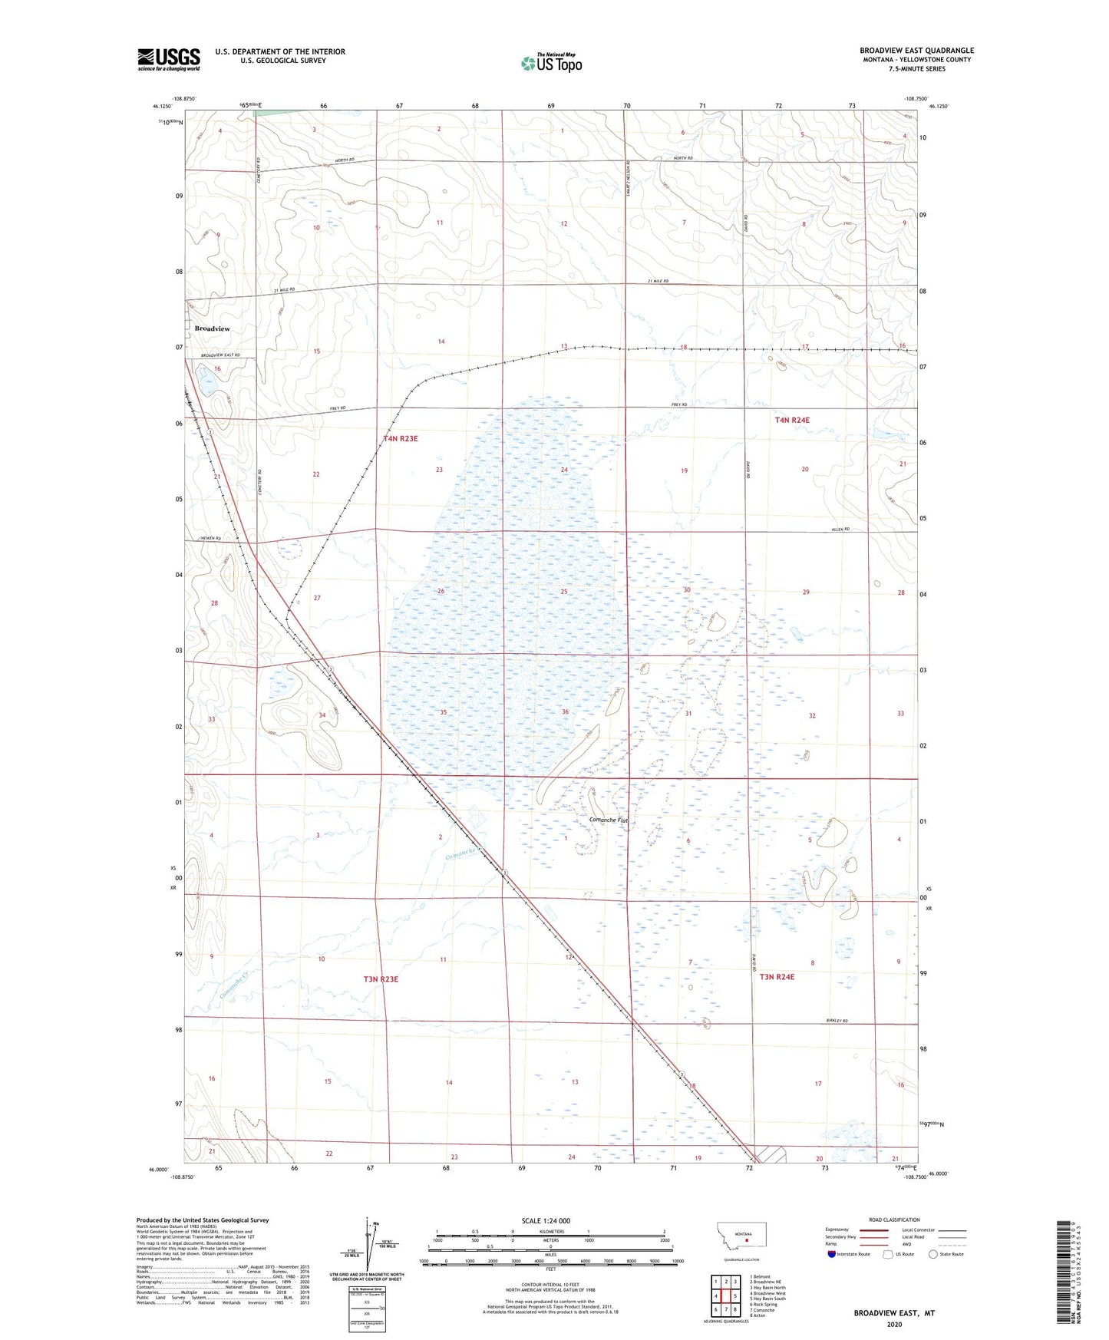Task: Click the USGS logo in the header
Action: (x=169, y=59)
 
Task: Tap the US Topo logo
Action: (x=551, y=62)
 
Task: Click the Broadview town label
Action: (x=212, y=328)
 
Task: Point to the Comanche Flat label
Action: (x=608, y=820)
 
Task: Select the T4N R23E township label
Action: (x=401, y=438)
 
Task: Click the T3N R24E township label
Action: (x=777, y=977)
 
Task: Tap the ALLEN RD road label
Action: (x=840, y=530)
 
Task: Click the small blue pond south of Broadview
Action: (x=206, y=377)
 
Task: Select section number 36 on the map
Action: (x=565, y=712)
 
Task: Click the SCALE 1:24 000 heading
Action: (x=546, y=1220)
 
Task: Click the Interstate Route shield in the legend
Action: (x=832, y=1254)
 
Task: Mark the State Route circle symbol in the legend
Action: (x=933, y=1254)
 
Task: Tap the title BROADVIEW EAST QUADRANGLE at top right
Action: (x=916, y=51)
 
